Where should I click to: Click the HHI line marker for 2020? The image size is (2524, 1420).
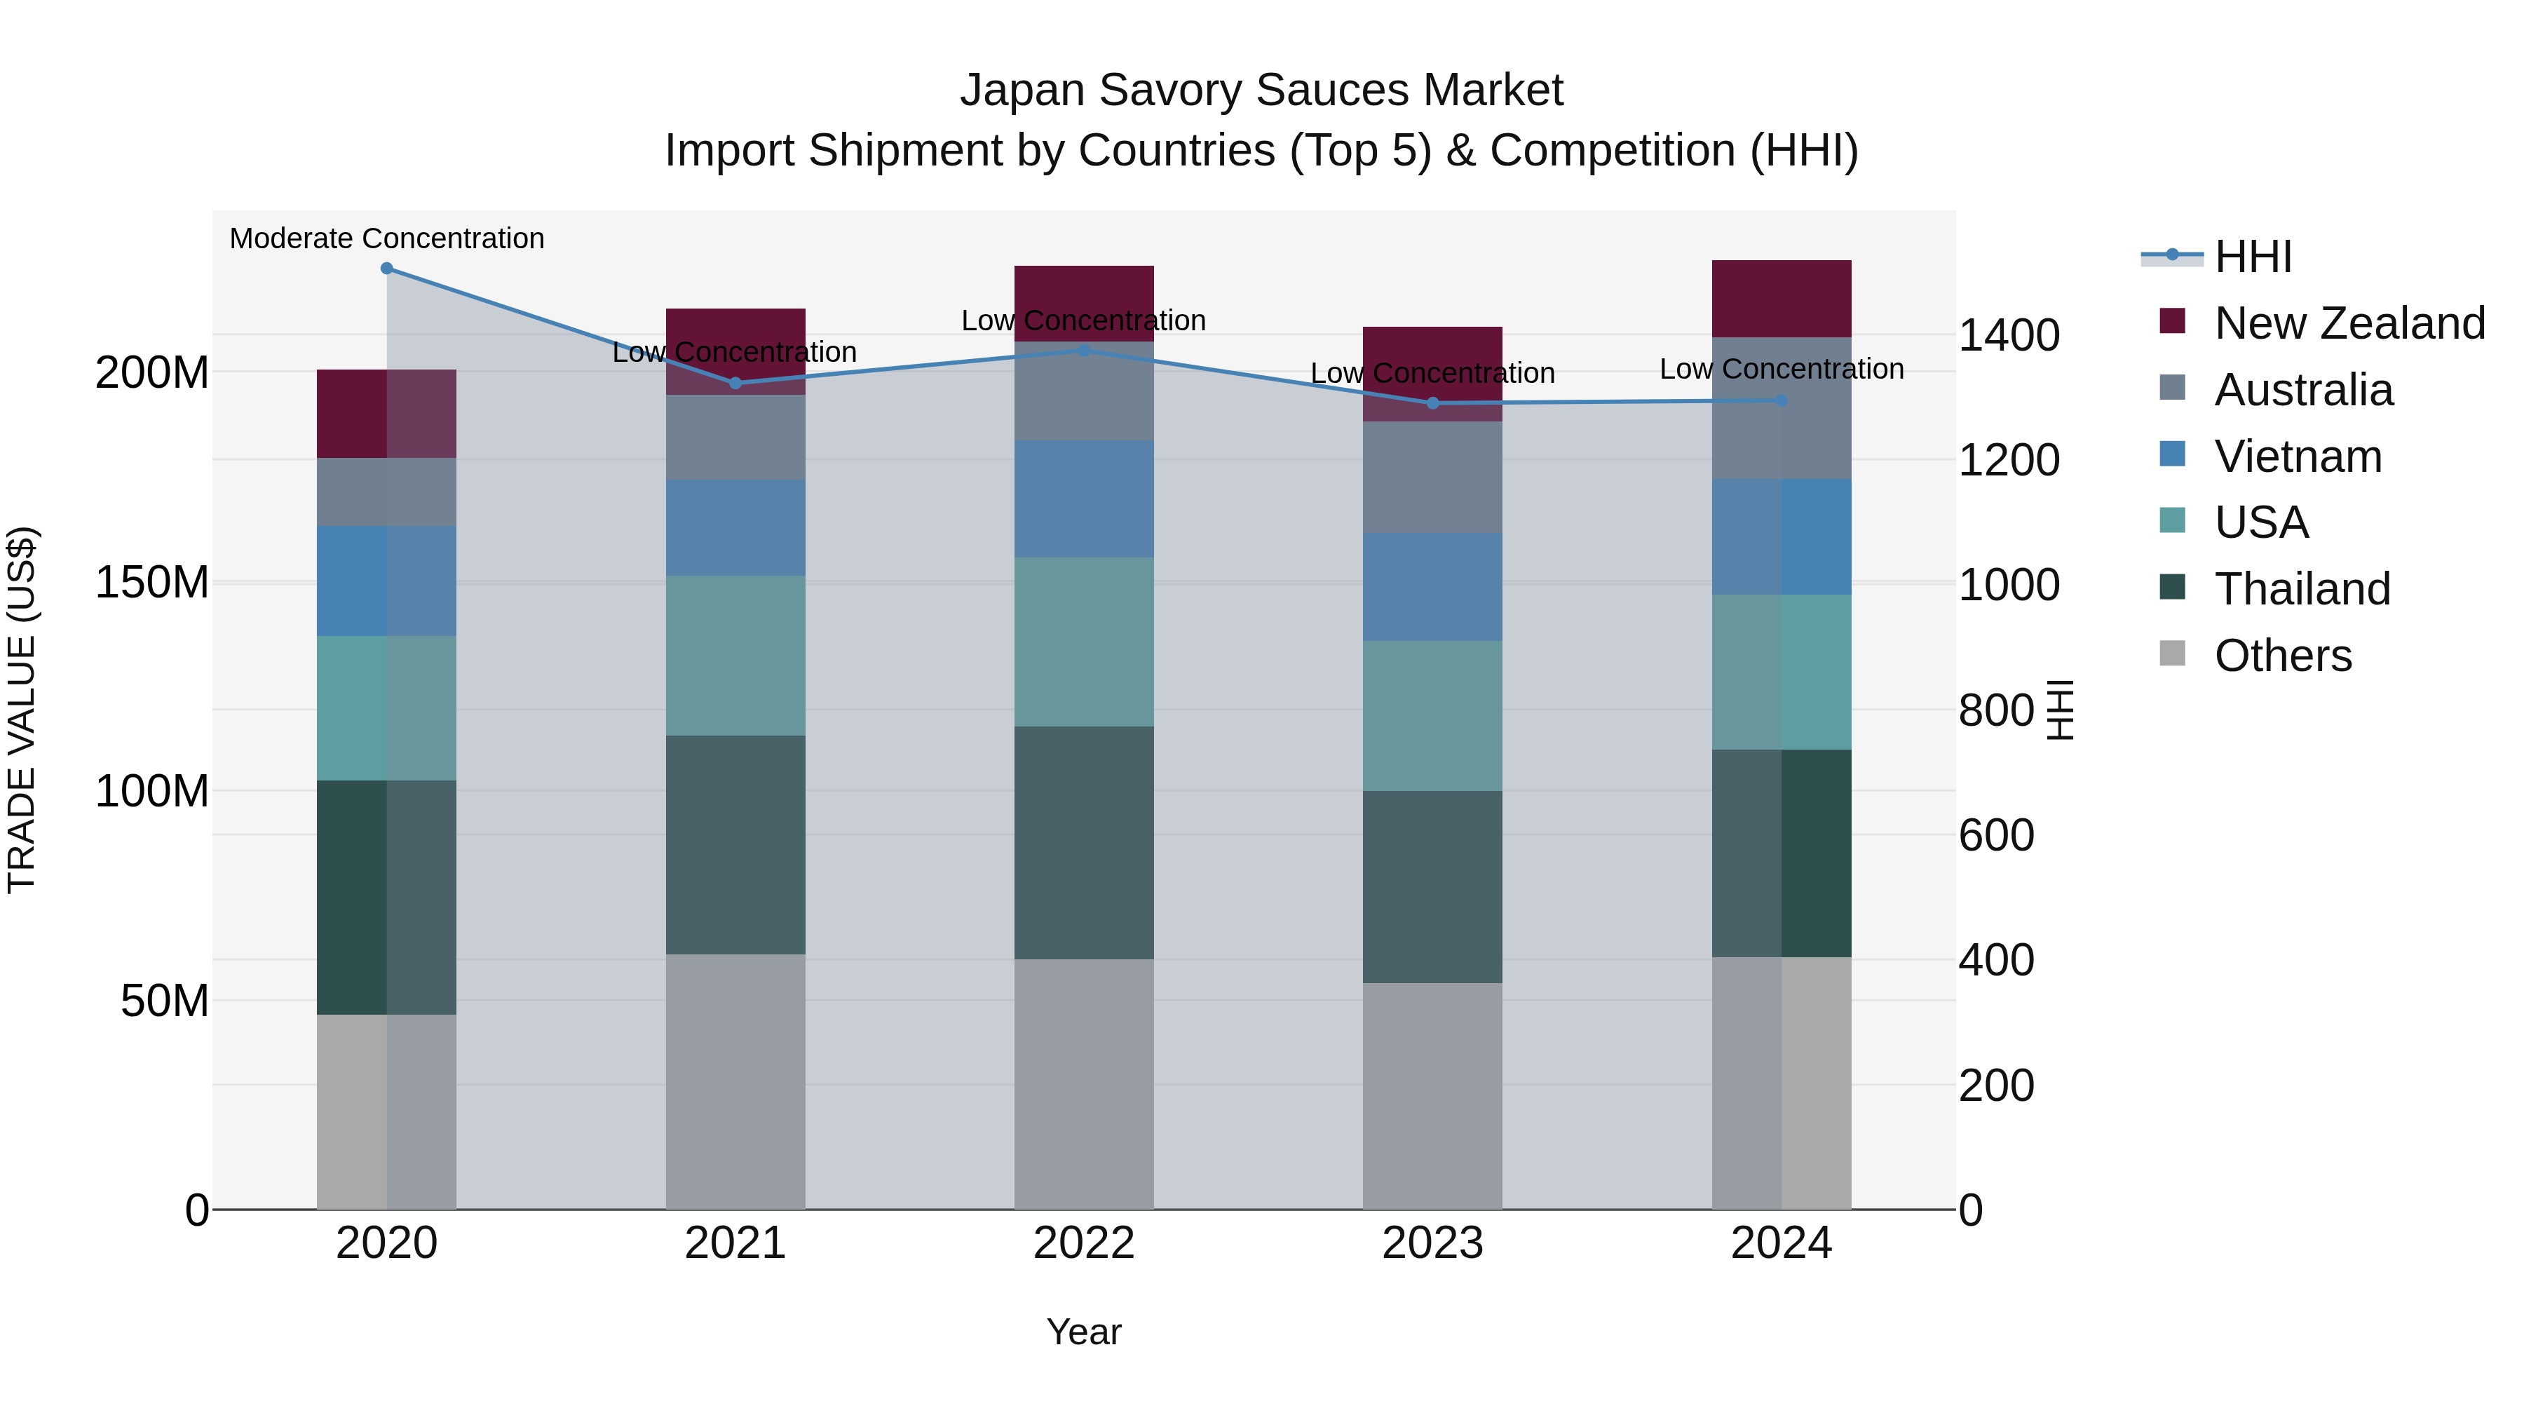pos(386,269)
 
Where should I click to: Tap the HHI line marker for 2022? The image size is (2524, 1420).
pos(1084,350)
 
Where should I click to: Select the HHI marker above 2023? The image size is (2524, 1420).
pos(1432,403)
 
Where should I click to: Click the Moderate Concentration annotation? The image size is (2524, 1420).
pos(386,238)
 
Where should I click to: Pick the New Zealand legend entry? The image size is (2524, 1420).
pos(2349,323)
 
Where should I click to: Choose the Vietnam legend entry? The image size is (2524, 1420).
pos(2298,457)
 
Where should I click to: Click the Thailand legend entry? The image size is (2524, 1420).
pos(2302,589)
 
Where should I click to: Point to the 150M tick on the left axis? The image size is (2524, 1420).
pos(152,582)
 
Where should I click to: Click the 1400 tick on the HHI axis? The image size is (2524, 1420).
pos(2009,335)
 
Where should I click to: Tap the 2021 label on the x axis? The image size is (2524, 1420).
pos(735,1243)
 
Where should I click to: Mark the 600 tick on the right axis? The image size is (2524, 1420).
pos(1996,835)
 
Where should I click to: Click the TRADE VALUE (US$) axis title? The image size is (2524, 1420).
pos(22,710)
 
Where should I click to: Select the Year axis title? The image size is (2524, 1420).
pos(1084,1332)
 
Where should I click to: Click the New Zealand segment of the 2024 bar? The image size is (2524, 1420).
pos(1782,299)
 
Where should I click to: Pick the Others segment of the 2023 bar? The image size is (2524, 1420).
pos(1432,1095)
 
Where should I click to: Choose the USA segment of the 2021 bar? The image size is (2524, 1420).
pos(735,656)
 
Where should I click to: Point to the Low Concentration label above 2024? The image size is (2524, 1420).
pos(1782,370)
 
